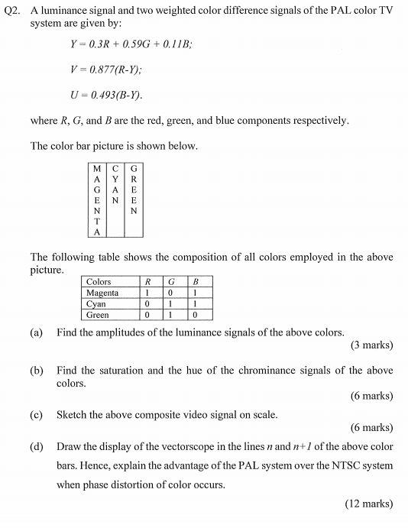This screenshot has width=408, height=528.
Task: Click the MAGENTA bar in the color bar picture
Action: (96, 200)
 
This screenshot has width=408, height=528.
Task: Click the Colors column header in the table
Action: (99, 282)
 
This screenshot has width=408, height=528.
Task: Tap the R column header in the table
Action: (147, 282)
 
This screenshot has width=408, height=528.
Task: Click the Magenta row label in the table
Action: (102, 293)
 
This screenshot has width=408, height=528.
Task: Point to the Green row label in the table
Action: (98, 314)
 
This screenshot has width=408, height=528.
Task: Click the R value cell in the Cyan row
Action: (147, 303)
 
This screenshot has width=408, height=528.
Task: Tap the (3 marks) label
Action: (372, 345)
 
